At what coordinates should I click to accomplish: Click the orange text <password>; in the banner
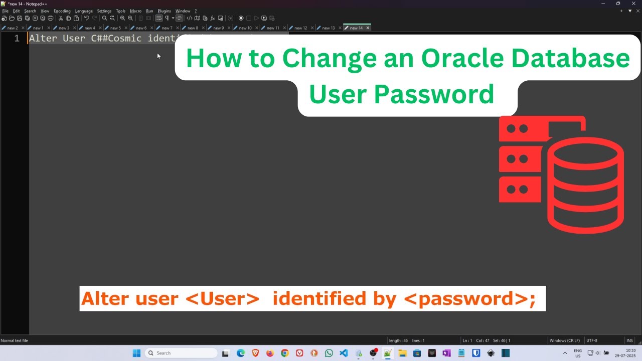(469, 299)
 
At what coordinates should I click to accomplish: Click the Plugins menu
(164, 11)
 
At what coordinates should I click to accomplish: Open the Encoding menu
(62, 11)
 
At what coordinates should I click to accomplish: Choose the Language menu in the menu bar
(84, 11)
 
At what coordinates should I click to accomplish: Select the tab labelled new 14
(356, 28)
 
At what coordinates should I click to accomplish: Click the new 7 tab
(167, 28)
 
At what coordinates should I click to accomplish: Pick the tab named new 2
(13, 28)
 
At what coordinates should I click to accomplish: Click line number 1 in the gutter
(17, 39)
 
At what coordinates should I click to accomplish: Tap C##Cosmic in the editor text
(116, 39)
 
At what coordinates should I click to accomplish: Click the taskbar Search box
(181, 353)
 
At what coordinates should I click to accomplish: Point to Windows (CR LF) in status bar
(564, 341)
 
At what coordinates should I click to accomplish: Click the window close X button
(633, 4)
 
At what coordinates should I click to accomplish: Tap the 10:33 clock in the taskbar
(630, 350)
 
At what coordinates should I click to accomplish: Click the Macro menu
(135, 11)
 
